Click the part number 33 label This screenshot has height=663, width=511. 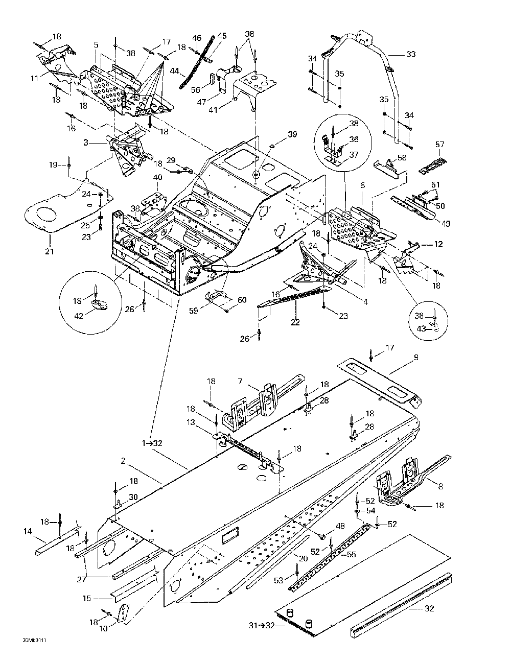411,54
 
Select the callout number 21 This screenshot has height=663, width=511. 49,251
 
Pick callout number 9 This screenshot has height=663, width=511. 416,358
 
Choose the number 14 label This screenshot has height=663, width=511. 27,532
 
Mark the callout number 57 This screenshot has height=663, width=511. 440,145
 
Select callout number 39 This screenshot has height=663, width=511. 292,134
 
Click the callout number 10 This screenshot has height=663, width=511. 104,629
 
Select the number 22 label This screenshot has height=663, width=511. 295,322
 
